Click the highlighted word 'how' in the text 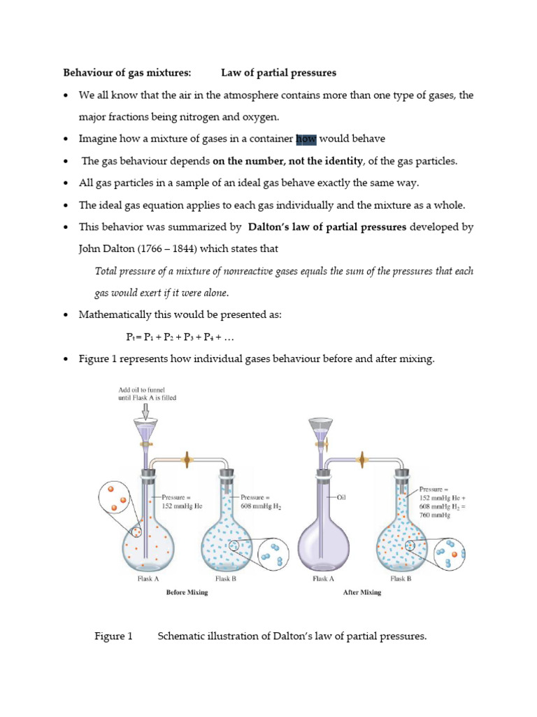pyautogui.click(x=306, y=139)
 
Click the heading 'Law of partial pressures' pyautogui.click(x=279, y=72)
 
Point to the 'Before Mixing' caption pyautogui.click(x=187, y=592)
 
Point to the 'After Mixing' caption pyautogui.click(x=361, y=592)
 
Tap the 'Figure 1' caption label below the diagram pyautogui.click(x=113, y=636)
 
